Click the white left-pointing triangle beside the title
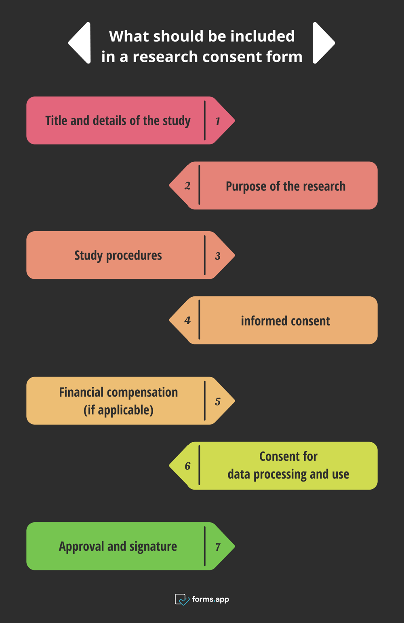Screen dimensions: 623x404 [81, 43]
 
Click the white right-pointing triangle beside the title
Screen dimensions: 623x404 [322, 43]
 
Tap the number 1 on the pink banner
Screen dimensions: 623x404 [218, 121]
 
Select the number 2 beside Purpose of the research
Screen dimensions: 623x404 [187, 186]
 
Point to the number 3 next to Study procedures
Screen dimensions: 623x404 [218, 256]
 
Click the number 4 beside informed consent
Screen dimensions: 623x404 [187, 321]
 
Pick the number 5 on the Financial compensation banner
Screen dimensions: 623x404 [218, 401]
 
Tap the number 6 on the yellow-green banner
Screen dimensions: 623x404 [187, 466]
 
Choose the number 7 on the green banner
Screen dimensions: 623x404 [218, 547]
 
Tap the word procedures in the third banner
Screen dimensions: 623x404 [134, 256]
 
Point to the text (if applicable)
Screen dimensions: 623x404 [118, 410]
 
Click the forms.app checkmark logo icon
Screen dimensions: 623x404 [181, 599]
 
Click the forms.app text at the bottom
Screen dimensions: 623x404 [210, 599]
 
